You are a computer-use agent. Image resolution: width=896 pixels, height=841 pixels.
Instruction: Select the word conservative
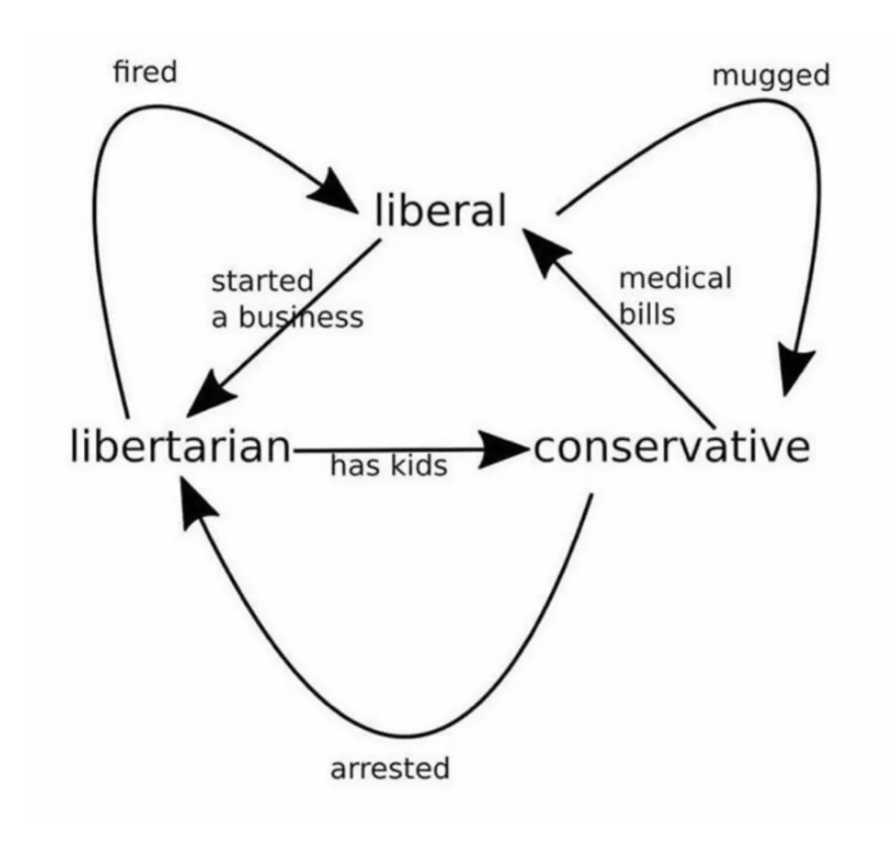click(672, 447)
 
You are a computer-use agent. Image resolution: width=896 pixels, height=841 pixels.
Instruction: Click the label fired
click(145, 71)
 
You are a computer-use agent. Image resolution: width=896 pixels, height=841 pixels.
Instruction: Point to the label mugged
click(770, 76)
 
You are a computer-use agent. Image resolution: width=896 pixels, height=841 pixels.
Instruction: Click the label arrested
click(389, 768)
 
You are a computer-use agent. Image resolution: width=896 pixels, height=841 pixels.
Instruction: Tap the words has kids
click(388, 466)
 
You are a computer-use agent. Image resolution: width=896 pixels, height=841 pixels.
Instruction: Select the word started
click(262, 281)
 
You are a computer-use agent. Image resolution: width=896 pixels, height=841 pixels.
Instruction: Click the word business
click(301, 317)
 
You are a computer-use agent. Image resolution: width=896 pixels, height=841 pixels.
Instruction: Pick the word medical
click(675, 278)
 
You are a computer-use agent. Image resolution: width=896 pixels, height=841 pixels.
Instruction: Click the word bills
click(647, 313)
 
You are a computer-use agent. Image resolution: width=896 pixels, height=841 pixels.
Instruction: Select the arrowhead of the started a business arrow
click(209, 396)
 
